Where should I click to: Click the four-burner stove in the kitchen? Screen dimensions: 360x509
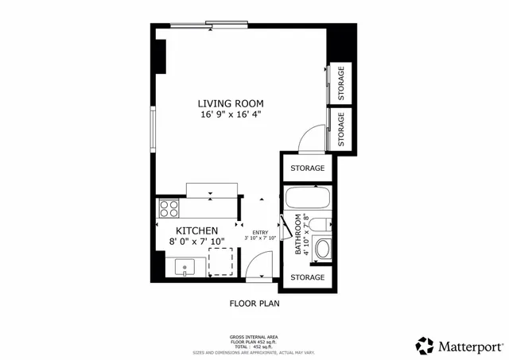point(169,209)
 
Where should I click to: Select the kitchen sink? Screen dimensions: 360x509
point(186,267)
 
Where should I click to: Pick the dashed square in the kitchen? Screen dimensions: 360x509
point(221,261)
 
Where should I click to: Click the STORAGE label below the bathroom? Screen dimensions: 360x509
point(307,277)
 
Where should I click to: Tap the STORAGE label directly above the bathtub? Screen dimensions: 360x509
point(307,168)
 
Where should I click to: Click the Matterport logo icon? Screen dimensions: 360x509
point(425,346)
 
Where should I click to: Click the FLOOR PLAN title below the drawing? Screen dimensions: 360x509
point(254,304)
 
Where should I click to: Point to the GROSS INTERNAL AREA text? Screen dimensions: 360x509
point(254,336)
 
